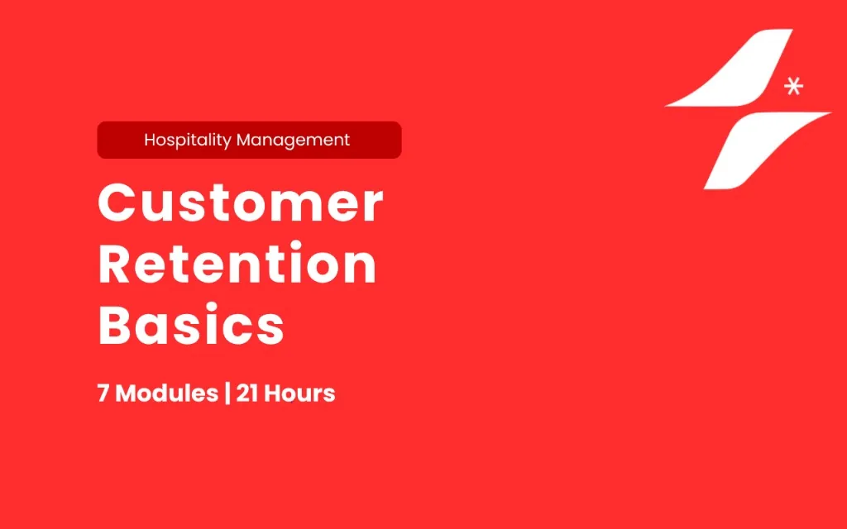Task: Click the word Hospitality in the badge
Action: pos(188,141)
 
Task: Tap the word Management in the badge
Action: pos(294,141)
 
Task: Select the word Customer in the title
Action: pos(241,203)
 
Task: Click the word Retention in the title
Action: pos(237,263)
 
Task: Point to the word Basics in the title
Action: pos(191,324)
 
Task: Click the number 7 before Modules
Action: pos(103,393)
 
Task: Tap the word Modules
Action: pos(167,393)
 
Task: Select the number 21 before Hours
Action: pos(246,393)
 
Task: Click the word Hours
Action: pos(299,393)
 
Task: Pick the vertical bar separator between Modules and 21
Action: pos(227,393)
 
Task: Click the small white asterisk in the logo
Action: pos(793,86)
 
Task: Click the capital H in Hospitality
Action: pos(151,140)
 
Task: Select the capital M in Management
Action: pos(245,140)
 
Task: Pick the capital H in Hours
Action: pos(272,393)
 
